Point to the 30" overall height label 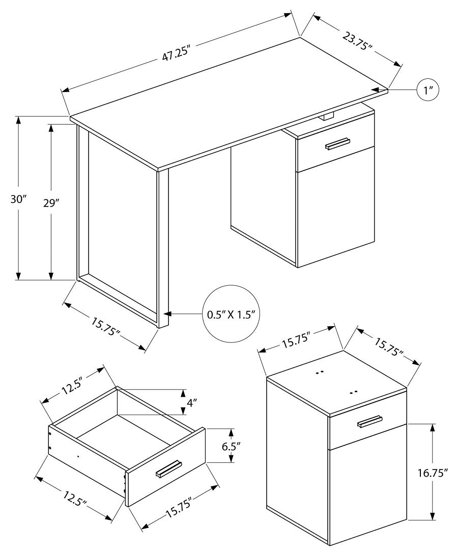coord(18,199)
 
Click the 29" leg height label coord(50,202)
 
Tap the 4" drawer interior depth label coord(191,403)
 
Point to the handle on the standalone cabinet coord(370,422)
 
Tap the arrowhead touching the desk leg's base coord(167,314)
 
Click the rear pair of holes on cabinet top coord(320,372)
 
